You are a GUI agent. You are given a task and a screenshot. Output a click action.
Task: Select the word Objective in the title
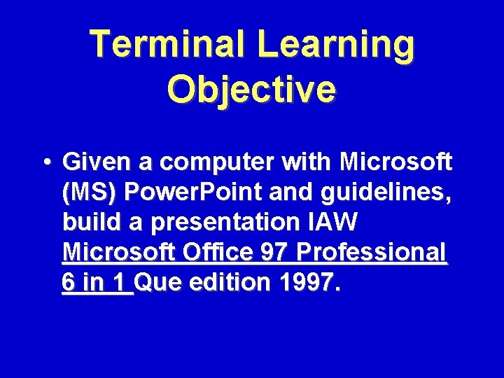pyautogui.click(x=252, y=90)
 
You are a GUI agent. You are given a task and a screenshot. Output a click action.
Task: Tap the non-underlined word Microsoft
pyautogui.click(x=395, y=162)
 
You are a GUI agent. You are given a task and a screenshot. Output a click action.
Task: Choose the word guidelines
pyautogui.click(x=388, y=193)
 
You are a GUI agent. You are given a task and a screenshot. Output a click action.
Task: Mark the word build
pyautogui.click(x=89, y=223)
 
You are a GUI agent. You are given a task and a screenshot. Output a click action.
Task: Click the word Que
pyautogui.click(x=162, y=283)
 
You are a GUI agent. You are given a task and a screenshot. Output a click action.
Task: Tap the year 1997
pyautogui.click(x=307, y=283)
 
